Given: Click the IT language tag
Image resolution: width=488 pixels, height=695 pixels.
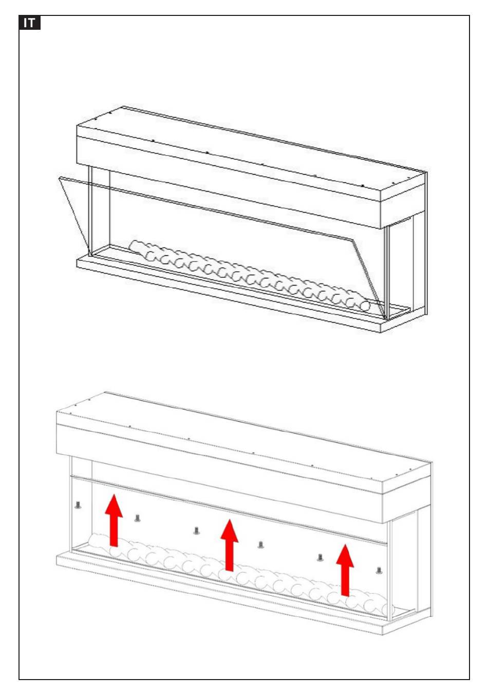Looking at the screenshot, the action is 29,23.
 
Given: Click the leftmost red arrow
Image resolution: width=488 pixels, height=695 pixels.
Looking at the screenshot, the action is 114,519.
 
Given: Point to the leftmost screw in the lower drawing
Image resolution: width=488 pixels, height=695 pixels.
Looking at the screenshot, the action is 78,505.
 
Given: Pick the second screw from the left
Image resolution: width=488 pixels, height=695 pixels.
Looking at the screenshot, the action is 137,518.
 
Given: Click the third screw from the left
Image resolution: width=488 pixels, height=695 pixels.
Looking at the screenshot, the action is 196,531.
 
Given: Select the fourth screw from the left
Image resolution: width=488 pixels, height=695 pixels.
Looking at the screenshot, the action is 260,544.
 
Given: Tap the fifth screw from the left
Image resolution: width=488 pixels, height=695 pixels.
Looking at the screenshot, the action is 320,557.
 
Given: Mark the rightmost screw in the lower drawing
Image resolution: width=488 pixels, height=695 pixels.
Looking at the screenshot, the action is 379,570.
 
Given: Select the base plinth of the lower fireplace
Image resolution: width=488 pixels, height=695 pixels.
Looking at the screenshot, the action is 221,591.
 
